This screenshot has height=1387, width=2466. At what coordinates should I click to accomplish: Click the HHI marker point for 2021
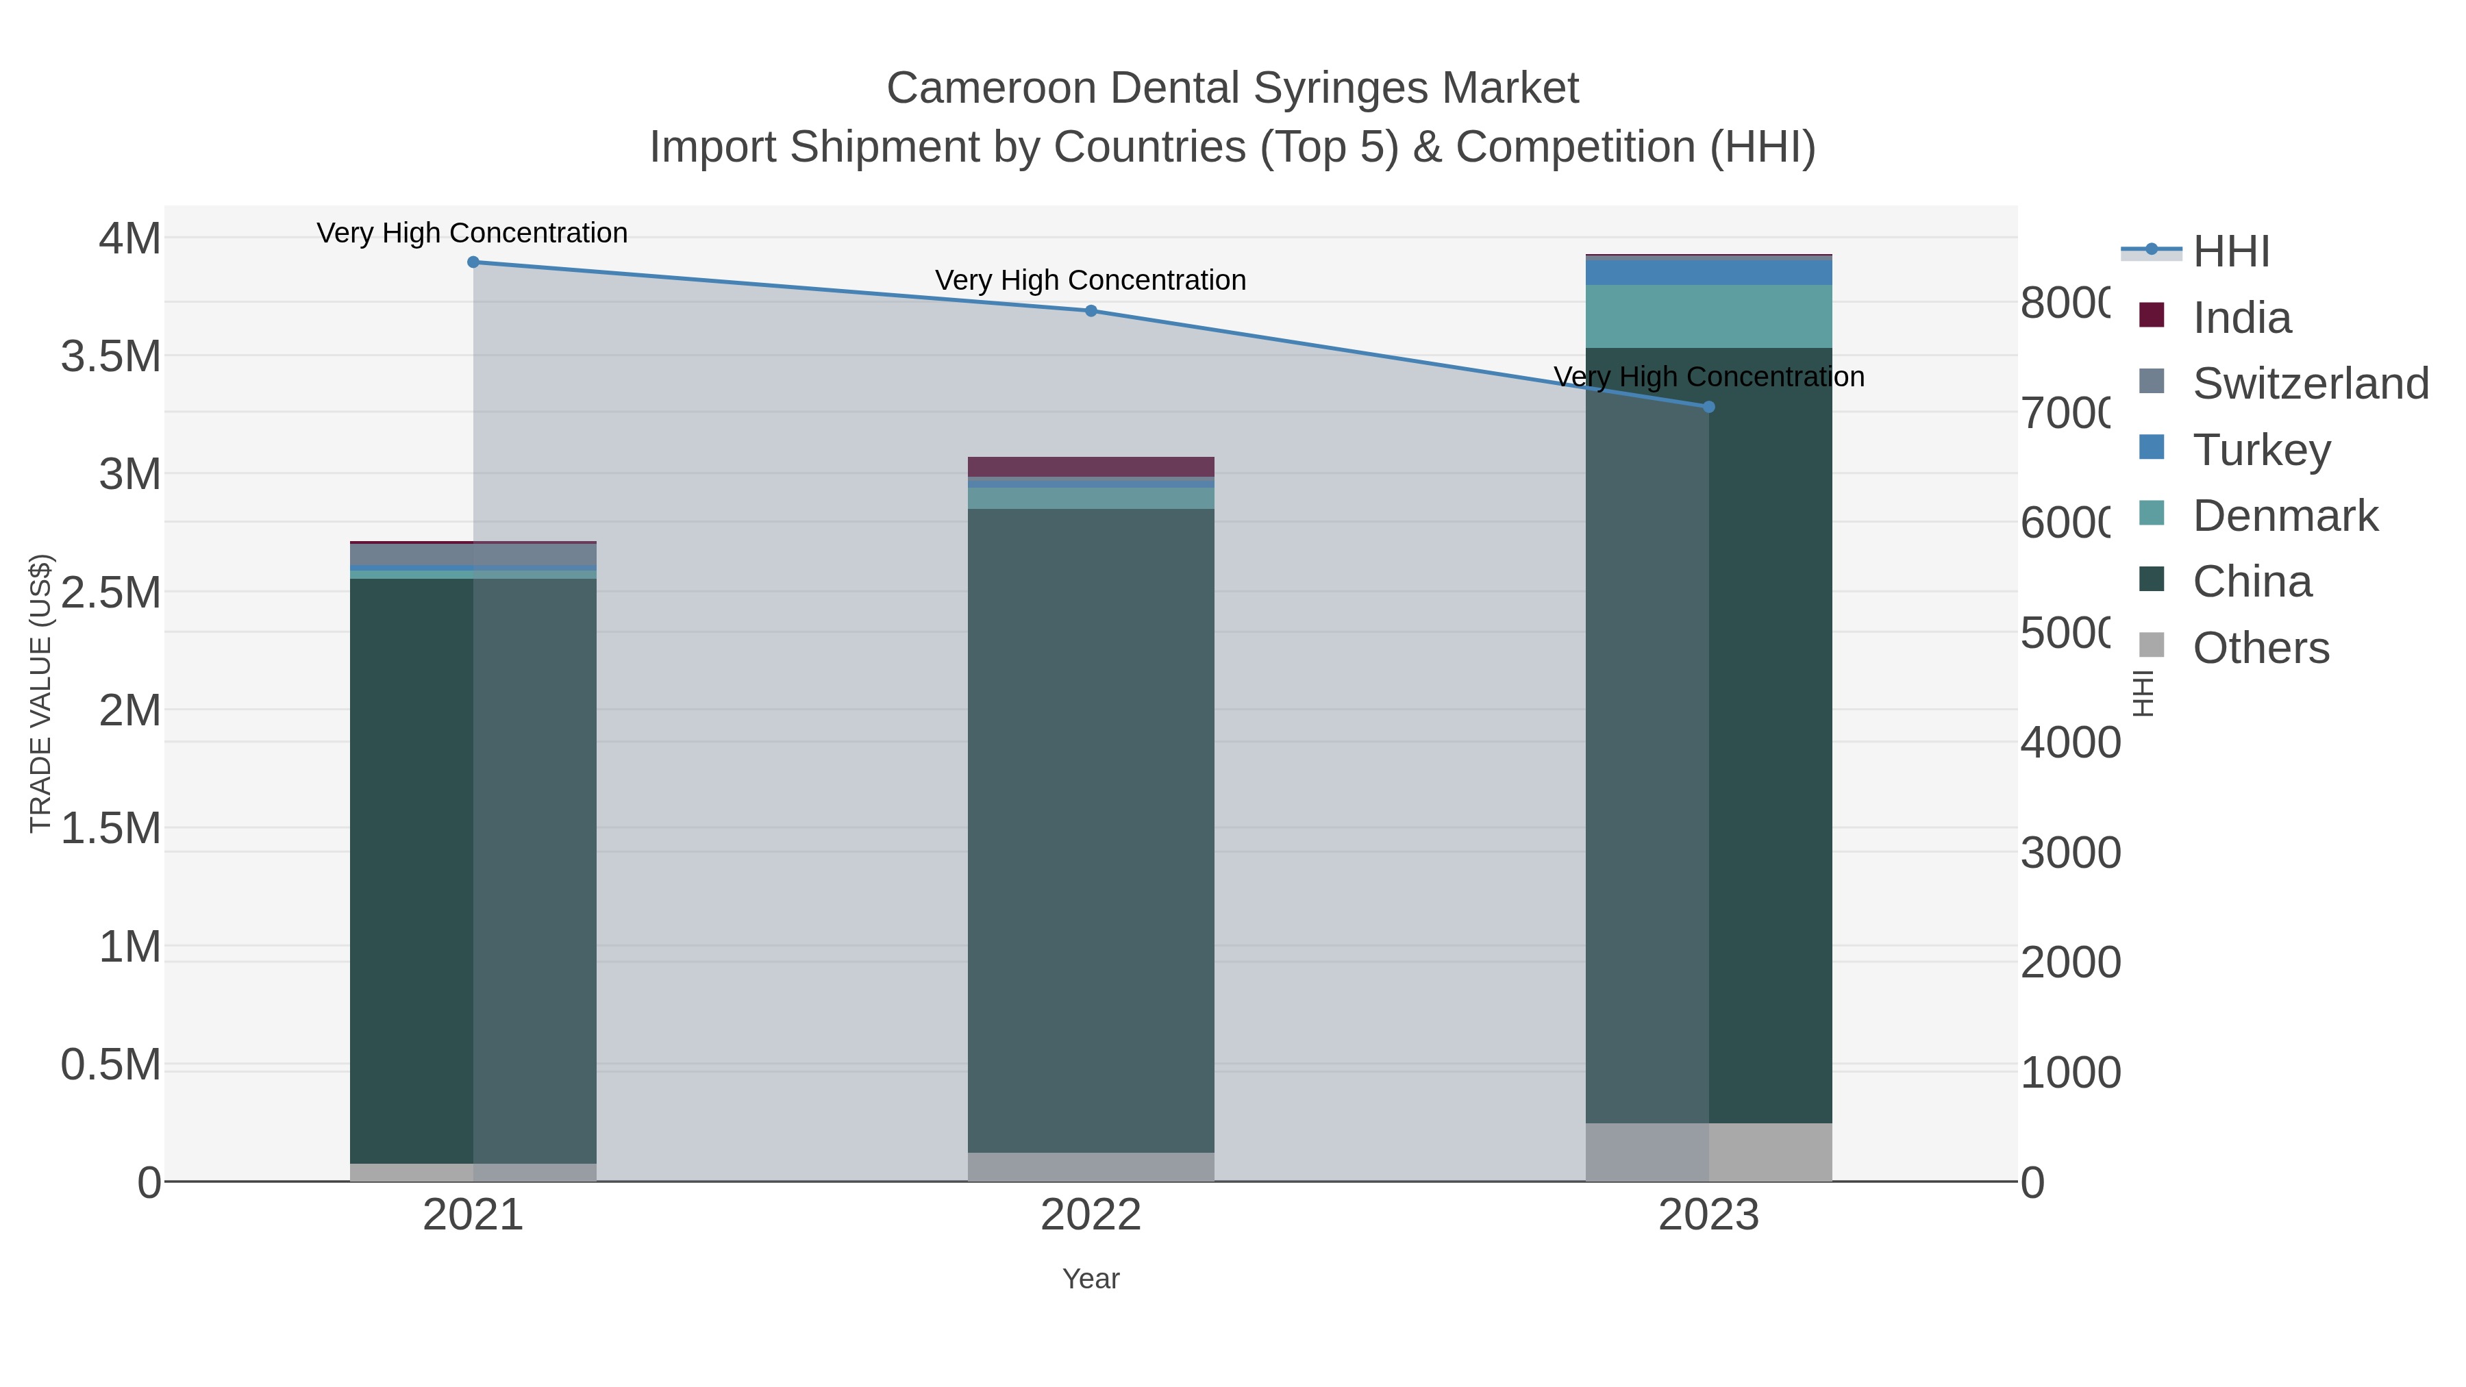tap(473, 262)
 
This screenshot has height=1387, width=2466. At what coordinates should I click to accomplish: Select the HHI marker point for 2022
tap(1091, 311)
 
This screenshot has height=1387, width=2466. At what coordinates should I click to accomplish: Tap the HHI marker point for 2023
tap(1709, 407)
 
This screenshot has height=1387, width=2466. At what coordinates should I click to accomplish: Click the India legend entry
tap(2241, 318)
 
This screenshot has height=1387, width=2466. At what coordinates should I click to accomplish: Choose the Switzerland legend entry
tap(2309, 384)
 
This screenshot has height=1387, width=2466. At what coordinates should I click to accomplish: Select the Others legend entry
tap(2259, 648)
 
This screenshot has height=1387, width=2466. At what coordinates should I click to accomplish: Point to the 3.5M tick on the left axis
tap(111, 357)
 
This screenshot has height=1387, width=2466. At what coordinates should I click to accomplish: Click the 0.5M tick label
tap(111, 1065)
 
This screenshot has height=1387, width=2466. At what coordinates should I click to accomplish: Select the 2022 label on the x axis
tap(1091, 1216)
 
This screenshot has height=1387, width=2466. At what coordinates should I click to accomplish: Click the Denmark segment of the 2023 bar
tap(1709, 317)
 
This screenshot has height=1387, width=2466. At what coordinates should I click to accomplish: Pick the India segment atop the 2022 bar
tap(1091, 467)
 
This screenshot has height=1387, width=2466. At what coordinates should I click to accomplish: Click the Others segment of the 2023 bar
tap(1709, 1153)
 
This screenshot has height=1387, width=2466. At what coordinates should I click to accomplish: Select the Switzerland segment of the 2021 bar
tap(473, 554)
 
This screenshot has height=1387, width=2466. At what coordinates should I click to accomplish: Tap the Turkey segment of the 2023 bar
tap(1709, 273)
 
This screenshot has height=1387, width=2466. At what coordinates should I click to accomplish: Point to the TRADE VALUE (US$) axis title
tap(40, 693)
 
